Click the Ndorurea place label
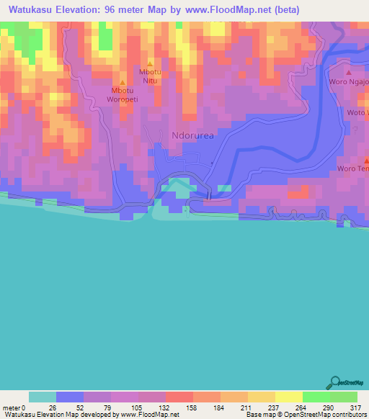[x=192, y=135]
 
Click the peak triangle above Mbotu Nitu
[x=150, y=63]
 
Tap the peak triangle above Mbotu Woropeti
[x=123, y=82]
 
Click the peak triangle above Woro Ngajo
[x=349, y=73]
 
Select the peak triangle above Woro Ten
[x=365, y=159]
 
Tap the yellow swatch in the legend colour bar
[x=288, y=397]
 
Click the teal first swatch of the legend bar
[x=43, y=397]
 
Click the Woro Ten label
[x=352, y=169]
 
